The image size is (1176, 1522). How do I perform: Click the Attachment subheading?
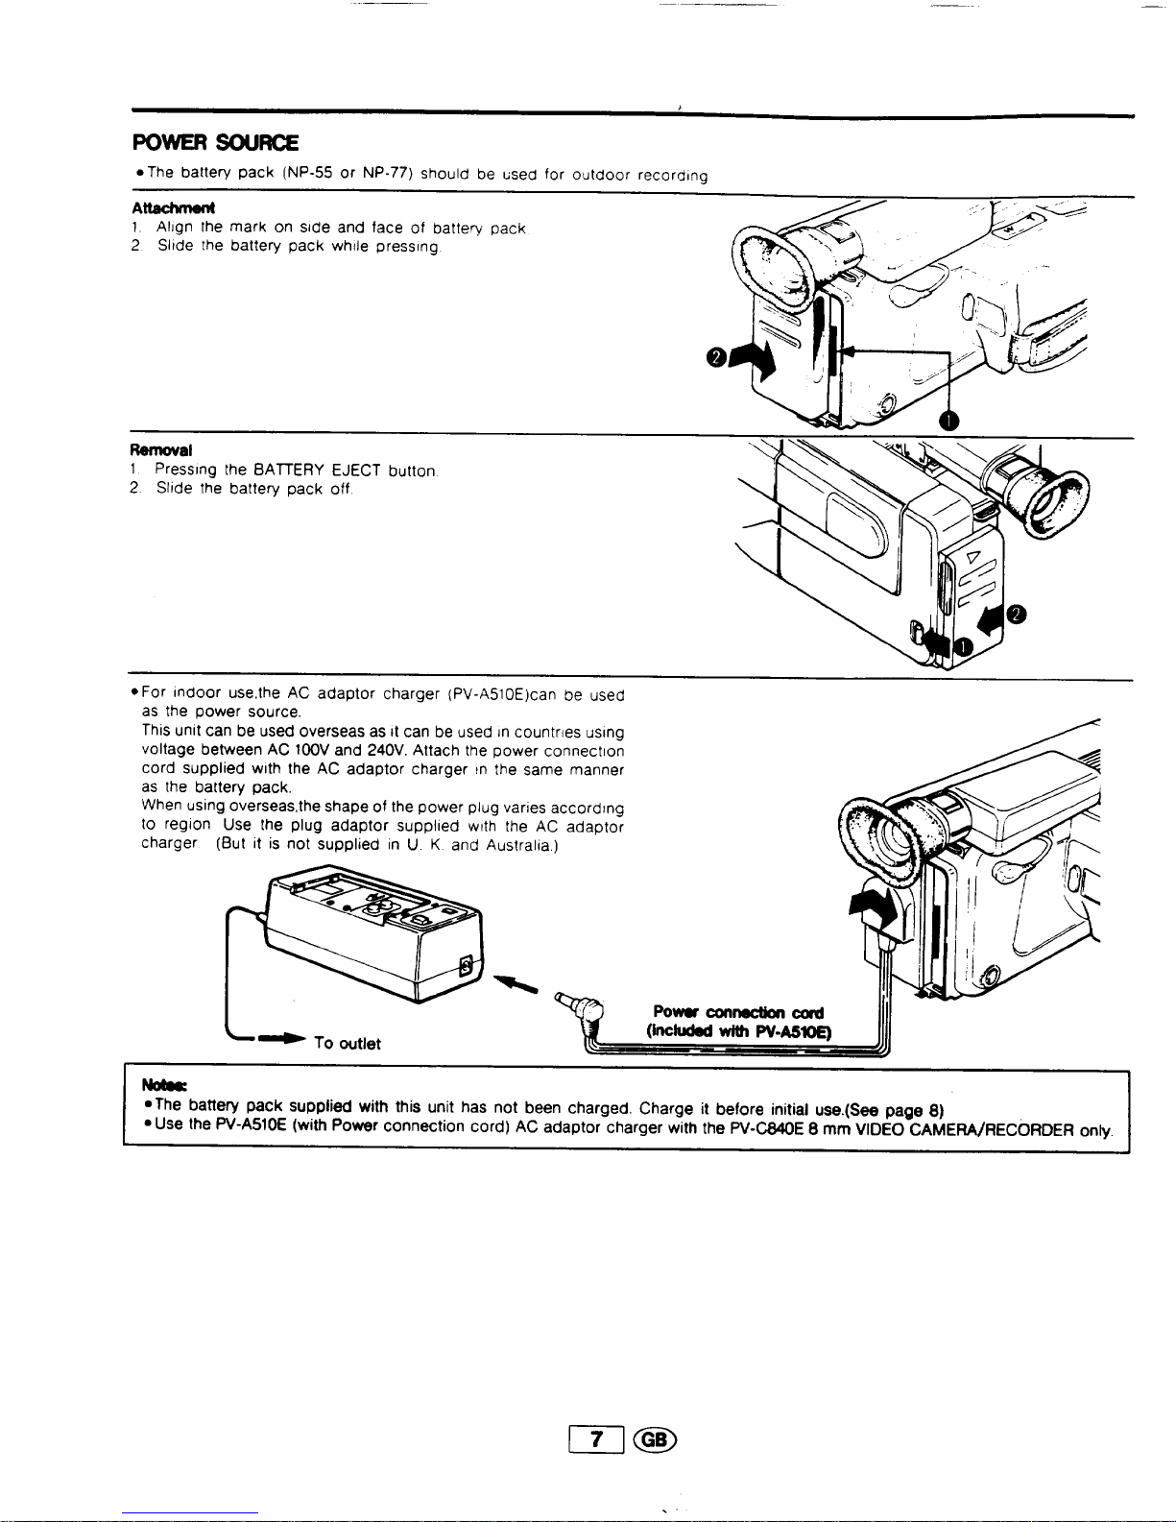click(x=173, y=208)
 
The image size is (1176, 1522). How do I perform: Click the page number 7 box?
click(x=596, y=1438)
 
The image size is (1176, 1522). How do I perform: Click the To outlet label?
click(x=347, y=1044)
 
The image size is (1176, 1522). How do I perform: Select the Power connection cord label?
click(x=737, y=1012)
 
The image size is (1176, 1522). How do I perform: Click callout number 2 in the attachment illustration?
click(x=716, y=358)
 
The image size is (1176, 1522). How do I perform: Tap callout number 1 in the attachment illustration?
click(x=948, y=421)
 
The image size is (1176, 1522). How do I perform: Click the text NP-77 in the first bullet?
click(x=387, y=173)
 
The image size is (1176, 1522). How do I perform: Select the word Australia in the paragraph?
click(x=519, y=845)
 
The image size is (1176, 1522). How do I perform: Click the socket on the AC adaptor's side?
click(x=466, y=965)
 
